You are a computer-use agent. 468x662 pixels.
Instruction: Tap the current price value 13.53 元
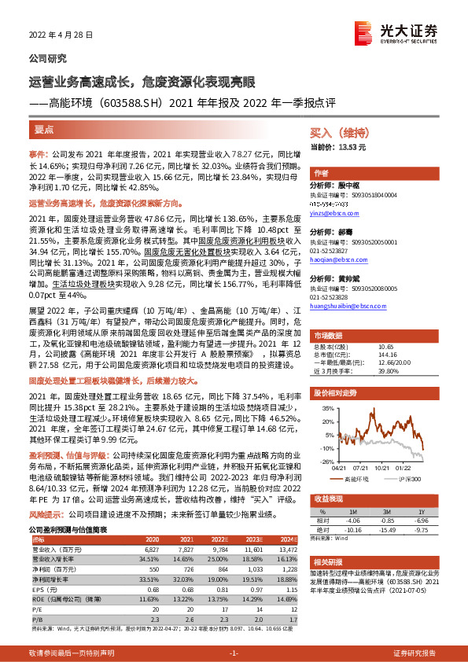tap(374, 147)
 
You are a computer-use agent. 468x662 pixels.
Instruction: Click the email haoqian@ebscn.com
tap(339, 259)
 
